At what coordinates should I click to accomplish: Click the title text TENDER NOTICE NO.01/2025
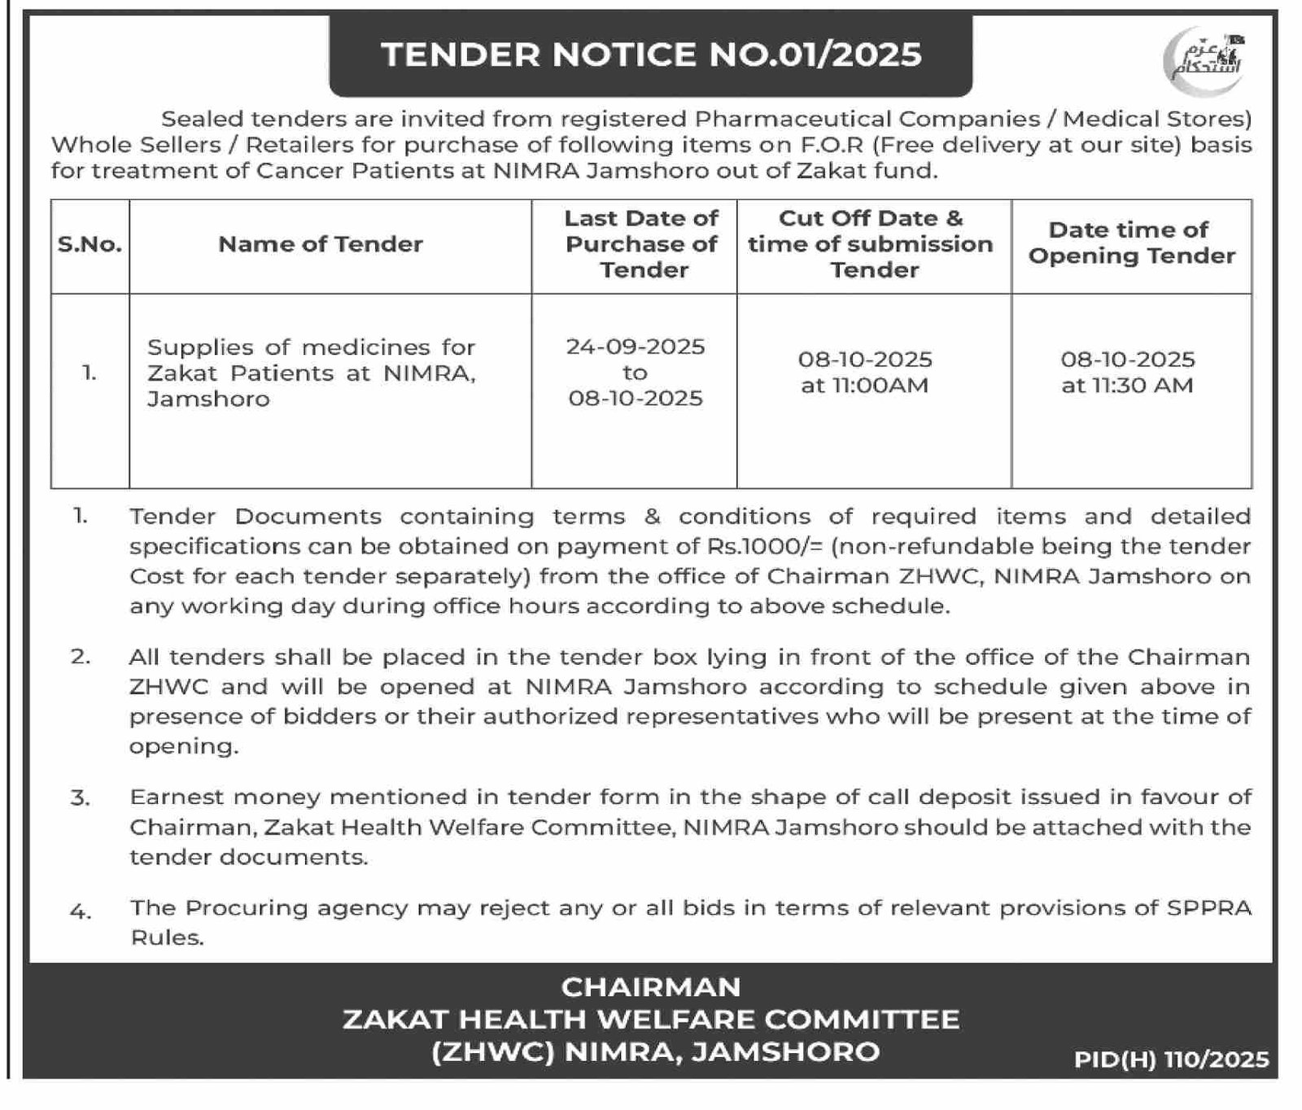pyautogui.click(x=651, y=55)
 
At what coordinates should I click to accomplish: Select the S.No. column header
pyautogui.click(x=90, y=244)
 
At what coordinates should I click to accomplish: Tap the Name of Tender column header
pyautogui.click(x=321, y=244)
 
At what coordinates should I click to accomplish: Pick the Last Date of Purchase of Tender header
pyautogui.click(x=641, y=244)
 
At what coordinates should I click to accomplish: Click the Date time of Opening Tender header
pyautogui.click(x=1131, y=243)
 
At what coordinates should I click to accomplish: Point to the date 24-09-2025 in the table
pyautogui.click(x=636, y=347)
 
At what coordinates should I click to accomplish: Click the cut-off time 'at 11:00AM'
pyautogui.click(x=864, y=386)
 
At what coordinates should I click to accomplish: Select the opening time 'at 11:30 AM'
pyautogui.click(x=1127, y=386)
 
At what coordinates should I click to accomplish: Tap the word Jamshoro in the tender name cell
pyautogui.click(x=208, y=399)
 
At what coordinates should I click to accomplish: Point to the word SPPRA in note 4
pyautogui.click(x=1208, y=908)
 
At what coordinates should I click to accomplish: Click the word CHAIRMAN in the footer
pyautogui.click(x=651, y=987)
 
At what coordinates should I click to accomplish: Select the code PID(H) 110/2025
pyautogui.click(x=1171, y=1059)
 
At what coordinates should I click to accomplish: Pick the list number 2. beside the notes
pyautogui.click(x=81, y=657)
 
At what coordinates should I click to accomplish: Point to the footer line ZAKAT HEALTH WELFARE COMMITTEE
pyautogui.click(x=651, y=1019)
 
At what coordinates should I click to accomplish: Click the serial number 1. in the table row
pyautogui.click(x=90, y=373)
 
